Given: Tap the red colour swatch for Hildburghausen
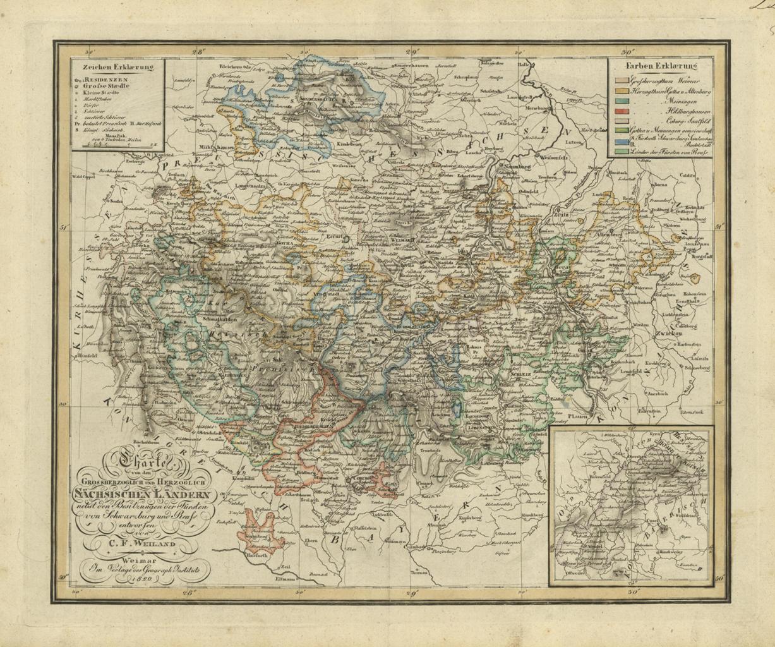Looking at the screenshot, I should click(x=622, y=111).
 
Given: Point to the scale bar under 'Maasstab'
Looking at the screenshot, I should click(x=119, y=145).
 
